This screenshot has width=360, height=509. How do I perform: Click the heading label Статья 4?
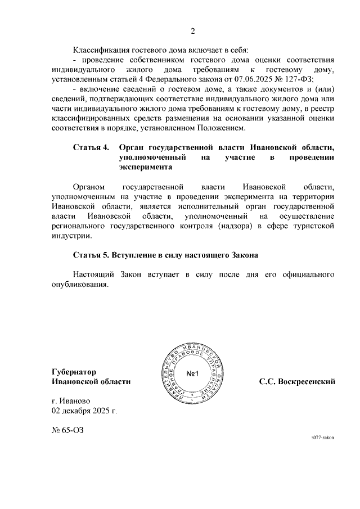click(91, 147)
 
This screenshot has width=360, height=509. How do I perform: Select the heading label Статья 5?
click(91, 255)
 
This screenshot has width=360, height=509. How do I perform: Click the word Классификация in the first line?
click(100, 49)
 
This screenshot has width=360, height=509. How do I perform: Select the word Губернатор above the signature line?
click(74, 372)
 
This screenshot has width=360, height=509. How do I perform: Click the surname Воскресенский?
click(307, 381)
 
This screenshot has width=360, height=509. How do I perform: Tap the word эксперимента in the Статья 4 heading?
click(146, 167)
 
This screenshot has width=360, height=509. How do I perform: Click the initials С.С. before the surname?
click(268, 381)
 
